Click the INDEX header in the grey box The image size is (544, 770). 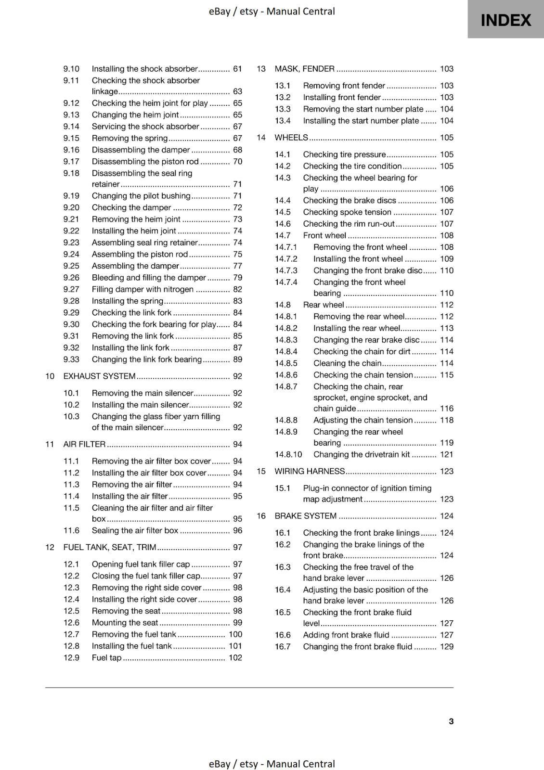pos(505,20)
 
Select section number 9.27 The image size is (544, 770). pos(71,289)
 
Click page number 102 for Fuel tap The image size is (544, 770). pos(235,658)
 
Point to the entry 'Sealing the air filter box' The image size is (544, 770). pos(135,531)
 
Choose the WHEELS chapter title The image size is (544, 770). pos(291,138)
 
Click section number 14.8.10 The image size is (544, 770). pos(288,455)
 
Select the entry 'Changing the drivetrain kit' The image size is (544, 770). pos(362,455)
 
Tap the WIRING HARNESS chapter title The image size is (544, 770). pos(310,472)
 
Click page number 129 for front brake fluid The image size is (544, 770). pos(447,647)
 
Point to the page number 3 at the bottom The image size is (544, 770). pos(451,721)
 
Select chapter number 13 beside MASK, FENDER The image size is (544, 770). pos(261,69)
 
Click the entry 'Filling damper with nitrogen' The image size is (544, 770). pos(142,289)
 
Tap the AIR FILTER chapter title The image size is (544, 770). pos(84,445)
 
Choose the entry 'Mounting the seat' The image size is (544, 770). pos(125,623)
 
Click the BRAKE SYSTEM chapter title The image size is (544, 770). pos(305,516)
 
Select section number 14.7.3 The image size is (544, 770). pos(286,270)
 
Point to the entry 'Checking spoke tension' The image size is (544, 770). pos(347,212)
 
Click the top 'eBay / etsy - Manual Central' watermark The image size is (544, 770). pos(272,11)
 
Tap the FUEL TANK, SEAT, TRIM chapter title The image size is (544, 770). pos(110,548)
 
